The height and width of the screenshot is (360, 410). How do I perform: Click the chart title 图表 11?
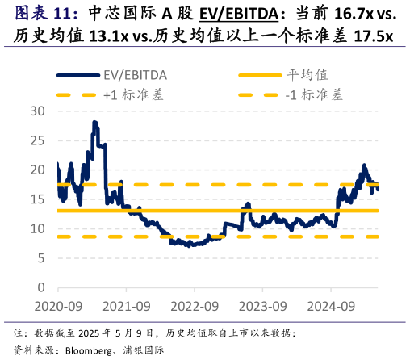pyautogui.click(x=47, y=14)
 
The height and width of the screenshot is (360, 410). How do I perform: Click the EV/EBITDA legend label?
pyautogui.click(x=135, y=75)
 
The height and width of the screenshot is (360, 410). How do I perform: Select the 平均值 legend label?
pyautogui.click(x=307, y=75)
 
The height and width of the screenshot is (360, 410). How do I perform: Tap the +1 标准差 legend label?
pyautogui.click(x=133, y=94)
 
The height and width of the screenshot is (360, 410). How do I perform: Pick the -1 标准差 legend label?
pyautogui.click(x=314, y=94)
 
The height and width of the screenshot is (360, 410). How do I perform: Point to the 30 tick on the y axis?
pyautogui.click(x=38, y=111)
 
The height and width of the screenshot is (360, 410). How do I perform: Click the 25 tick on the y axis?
pyautogui.click(x=38, y=140)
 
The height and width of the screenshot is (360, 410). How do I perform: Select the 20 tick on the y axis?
pyautogui.click(x=38, y=170)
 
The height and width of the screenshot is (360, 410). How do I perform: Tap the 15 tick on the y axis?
pyautogui.click(x=38, y=199)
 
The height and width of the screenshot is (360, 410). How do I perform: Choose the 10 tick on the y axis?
pyautogui.click(x=38, y=228)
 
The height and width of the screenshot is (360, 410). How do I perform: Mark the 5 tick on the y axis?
pyautogui.click(x=41, y=258)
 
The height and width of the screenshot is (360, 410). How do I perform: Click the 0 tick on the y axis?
pyautogui.click(x=41, y=287)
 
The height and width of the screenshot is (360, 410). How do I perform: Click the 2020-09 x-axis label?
pyautogui.click(x=57, y=306)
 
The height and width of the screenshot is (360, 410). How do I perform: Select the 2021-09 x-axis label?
pyautogui.click(x=126, y=306)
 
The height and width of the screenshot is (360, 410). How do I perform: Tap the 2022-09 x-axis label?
pyautogui.click(x=195, y=306)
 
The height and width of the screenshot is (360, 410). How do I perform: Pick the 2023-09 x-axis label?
pyautogui.click(x=263, y=306)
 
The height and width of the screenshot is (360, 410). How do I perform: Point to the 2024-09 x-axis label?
pyautogui.click(x=332, y=306)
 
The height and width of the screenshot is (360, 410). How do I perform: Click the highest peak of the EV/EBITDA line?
pyautogui.click(x=94, y=123)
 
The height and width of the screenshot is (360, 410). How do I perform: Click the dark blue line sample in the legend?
pyautogui.click(x=77, y=75)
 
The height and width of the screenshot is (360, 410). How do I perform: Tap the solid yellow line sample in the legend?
pyautogui.click(x=259, y=75)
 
